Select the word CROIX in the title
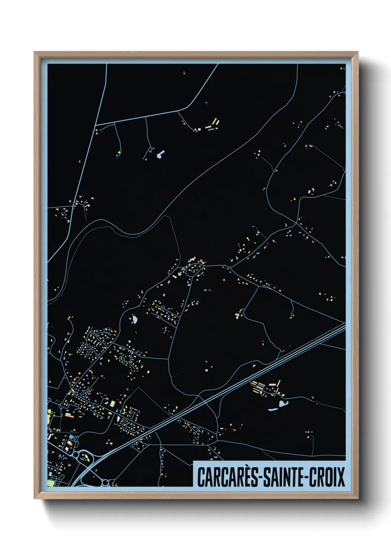coord(327,477)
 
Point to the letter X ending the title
coord(341,477)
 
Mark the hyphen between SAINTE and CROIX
coord(305,477)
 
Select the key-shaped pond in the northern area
coord(160,154)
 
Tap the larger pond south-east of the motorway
coord(283,403)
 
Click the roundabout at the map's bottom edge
coord(106,482)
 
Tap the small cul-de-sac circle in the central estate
coord(163,308)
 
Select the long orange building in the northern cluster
coord(214,121)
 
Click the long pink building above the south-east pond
coord(272,385)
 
